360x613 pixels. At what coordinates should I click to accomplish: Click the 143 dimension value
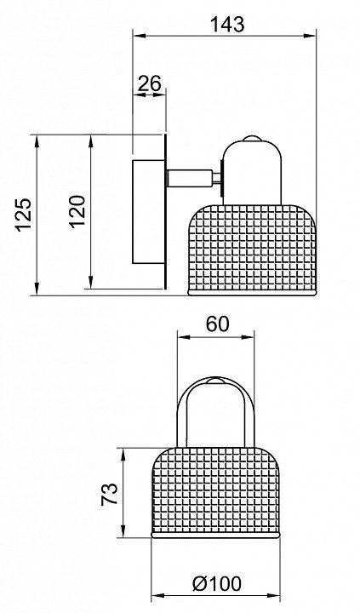click(x=227, y=24)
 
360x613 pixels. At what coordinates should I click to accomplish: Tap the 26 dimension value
click(x=150, y=83)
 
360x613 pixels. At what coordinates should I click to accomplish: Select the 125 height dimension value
click(x=24, y=215)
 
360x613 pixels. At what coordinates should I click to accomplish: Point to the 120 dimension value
click(x=77, y=210)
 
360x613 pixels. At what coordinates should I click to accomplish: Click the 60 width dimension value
click(x=217, y=324)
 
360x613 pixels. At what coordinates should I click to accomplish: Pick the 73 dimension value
click(x=109, y=494)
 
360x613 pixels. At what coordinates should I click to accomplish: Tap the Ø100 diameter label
click(x=217, y=584)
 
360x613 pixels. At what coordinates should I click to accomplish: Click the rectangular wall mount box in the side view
click(x=148, y=211)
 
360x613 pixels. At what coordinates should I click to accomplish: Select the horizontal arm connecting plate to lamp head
click(x=191, y=178)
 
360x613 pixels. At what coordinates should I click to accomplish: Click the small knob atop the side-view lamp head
click(x=252, y=138)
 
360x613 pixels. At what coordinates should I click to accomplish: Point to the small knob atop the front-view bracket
click(x=216, y=381)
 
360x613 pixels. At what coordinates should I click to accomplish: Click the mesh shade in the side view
click(x=252, y=249)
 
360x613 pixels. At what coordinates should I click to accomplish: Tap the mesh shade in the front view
click(x=215, y=493)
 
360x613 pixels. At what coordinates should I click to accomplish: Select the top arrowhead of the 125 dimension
click(x=37, y=141)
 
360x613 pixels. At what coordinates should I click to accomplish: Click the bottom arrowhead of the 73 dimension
click(x=123, y=531)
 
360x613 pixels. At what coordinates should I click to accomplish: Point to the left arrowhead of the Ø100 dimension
click(x=157, y=597)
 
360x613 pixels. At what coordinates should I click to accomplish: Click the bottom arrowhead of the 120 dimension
click(x=91, y=283)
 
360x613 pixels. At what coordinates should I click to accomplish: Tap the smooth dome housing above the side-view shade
click(x=252, y=172)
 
